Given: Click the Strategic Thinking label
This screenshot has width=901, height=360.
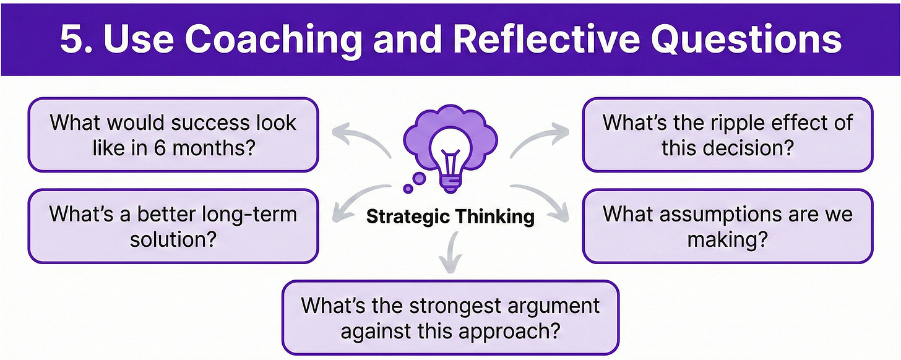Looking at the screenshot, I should pos(450,217).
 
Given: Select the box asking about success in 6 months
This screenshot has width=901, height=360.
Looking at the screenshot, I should pos(173,134).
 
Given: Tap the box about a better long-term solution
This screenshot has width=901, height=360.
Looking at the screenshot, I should pos(173,226).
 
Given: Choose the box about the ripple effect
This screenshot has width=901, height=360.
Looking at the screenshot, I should pos(727,134).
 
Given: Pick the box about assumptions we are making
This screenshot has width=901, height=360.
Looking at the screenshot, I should pos(727,226).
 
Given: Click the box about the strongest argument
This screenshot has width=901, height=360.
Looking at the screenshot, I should pos(450,317).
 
